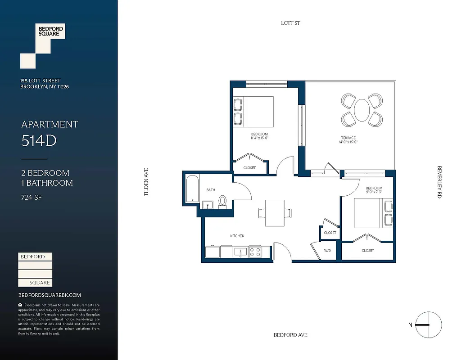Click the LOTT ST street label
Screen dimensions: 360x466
pyautogui.click(x=290, y=23)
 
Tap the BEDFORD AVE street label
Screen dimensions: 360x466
pyautogui.click(x=290, y=335)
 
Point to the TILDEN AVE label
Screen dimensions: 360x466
pyautogui.click(x=146, y=182)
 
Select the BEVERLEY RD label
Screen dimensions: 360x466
pyautogui.click(x=439, y=182)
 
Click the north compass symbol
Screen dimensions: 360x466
pyautogui.click(x=428, y=325)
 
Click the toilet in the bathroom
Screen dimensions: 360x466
pyautogui.click(x=222, y=201)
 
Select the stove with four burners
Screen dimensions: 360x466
pyautogui.click(x=255, y=252)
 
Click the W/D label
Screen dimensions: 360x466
pyautogui.click(x=327, y=251)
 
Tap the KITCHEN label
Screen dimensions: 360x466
pyautogui.click(x=237, y=236)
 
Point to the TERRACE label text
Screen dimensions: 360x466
pyautogui.click(x=348, y=138)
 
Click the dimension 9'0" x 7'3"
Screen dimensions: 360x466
pyautogui.click(x=374, y=193)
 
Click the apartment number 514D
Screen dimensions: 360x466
pyautogui.click(x=39, y=141)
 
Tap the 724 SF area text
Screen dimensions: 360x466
pyautogui.click(x=32, y=197)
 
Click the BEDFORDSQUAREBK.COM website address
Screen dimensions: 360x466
pyautogui.click(x=50, y=295)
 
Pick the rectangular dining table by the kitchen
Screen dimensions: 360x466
pyautogui.click(x=275, y=213)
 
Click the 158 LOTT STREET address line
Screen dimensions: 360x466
pyautogui.click(x=40, y=81)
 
